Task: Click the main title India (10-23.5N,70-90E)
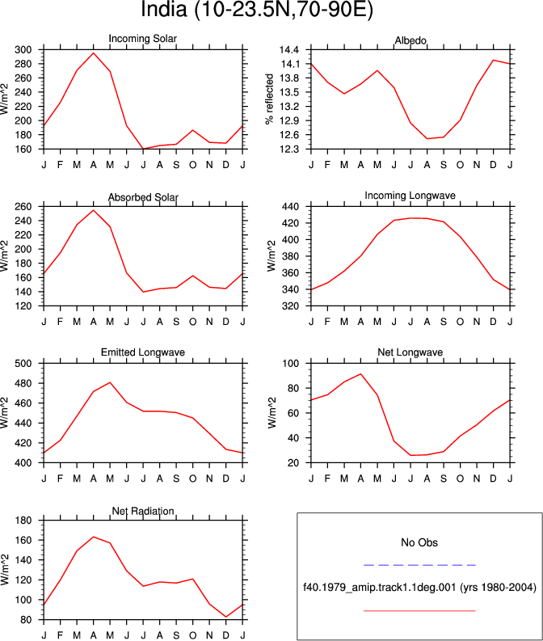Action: pos(257,9)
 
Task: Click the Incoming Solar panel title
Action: pos(142,39)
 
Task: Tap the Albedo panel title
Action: pos(410,40)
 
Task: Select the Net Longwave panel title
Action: pos(410,352)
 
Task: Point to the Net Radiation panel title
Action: pos(143,511)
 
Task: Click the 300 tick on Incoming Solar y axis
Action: pos(23,50)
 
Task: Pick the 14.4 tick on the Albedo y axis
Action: pos(288,50)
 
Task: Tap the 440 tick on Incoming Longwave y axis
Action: pos(291,207)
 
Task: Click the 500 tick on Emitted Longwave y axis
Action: pos(23,364)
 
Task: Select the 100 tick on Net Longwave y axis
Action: pos(291,364)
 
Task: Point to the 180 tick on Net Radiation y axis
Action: pos(23,521)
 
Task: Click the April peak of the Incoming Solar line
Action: pos(94,53)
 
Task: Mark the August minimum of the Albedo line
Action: pos(427,138)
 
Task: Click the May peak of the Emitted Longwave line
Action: pos(110,382)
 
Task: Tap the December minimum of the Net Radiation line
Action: pos(226,617)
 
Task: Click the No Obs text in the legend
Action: pos(419,542)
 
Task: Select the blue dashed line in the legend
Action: pos(419,565)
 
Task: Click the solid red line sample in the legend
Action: pos(419,611)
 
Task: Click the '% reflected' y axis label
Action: pos(269,99)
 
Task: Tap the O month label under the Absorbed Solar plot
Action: pos(193,322)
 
